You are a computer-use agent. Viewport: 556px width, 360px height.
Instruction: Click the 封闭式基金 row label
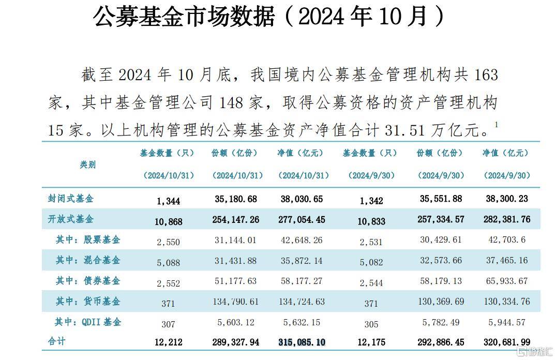coord(71,199)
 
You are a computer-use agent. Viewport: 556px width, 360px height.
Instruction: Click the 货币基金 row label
coord(88,301)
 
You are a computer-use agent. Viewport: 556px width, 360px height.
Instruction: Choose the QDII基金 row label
coord(88,322)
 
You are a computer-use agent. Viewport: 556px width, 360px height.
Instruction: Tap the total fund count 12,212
coord(168,342)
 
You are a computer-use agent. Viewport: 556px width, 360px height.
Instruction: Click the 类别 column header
coord(87,164)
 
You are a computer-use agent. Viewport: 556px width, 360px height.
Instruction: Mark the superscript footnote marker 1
coord(496,125)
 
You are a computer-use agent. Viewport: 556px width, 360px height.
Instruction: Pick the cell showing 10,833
coord(371,221)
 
